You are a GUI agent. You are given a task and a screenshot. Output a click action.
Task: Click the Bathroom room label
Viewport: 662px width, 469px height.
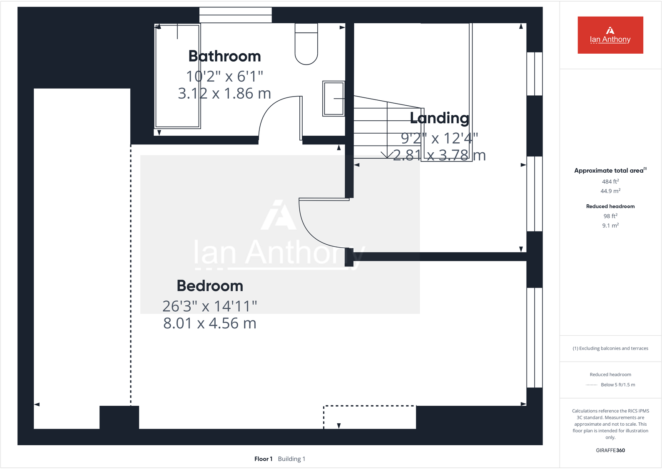click(224, 56)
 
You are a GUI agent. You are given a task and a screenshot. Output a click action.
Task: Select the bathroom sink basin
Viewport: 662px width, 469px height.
click(333, 99)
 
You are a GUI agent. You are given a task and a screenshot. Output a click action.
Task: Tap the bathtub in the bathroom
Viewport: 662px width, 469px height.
click(178, 76)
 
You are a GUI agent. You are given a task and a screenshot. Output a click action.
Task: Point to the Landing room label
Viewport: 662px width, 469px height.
click(439, 118)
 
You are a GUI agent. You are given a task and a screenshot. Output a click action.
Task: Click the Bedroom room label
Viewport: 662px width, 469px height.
click(210, 286)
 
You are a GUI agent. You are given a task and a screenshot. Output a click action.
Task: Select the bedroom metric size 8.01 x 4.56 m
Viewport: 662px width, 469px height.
click(210, 323)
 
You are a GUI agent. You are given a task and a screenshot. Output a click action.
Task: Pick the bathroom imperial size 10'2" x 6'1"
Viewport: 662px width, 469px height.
click(224, 77)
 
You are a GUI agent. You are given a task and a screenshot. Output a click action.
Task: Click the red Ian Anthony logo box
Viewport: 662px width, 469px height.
click(610, 35)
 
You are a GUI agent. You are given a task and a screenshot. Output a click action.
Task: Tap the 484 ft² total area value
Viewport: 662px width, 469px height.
click(610, 181)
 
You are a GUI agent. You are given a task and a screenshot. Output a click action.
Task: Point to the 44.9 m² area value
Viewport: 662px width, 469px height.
click(610, 191)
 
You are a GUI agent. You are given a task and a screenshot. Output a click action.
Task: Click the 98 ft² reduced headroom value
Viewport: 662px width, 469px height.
click(610, 216)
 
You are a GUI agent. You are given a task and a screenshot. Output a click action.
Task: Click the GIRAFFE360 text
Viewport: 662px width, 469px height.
click(610, 450)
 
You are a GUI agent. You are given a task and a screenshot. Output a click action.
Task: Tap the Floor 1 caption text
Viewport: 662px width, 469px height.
click(263, 459)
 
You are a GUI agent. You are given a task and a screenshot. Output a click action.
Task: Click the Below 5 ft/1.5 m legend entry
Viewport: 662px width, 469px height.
click(617, 385)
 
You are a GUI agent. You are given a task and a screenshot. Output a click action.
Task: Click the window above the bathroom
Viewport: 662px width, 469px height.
click(235, 15)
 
